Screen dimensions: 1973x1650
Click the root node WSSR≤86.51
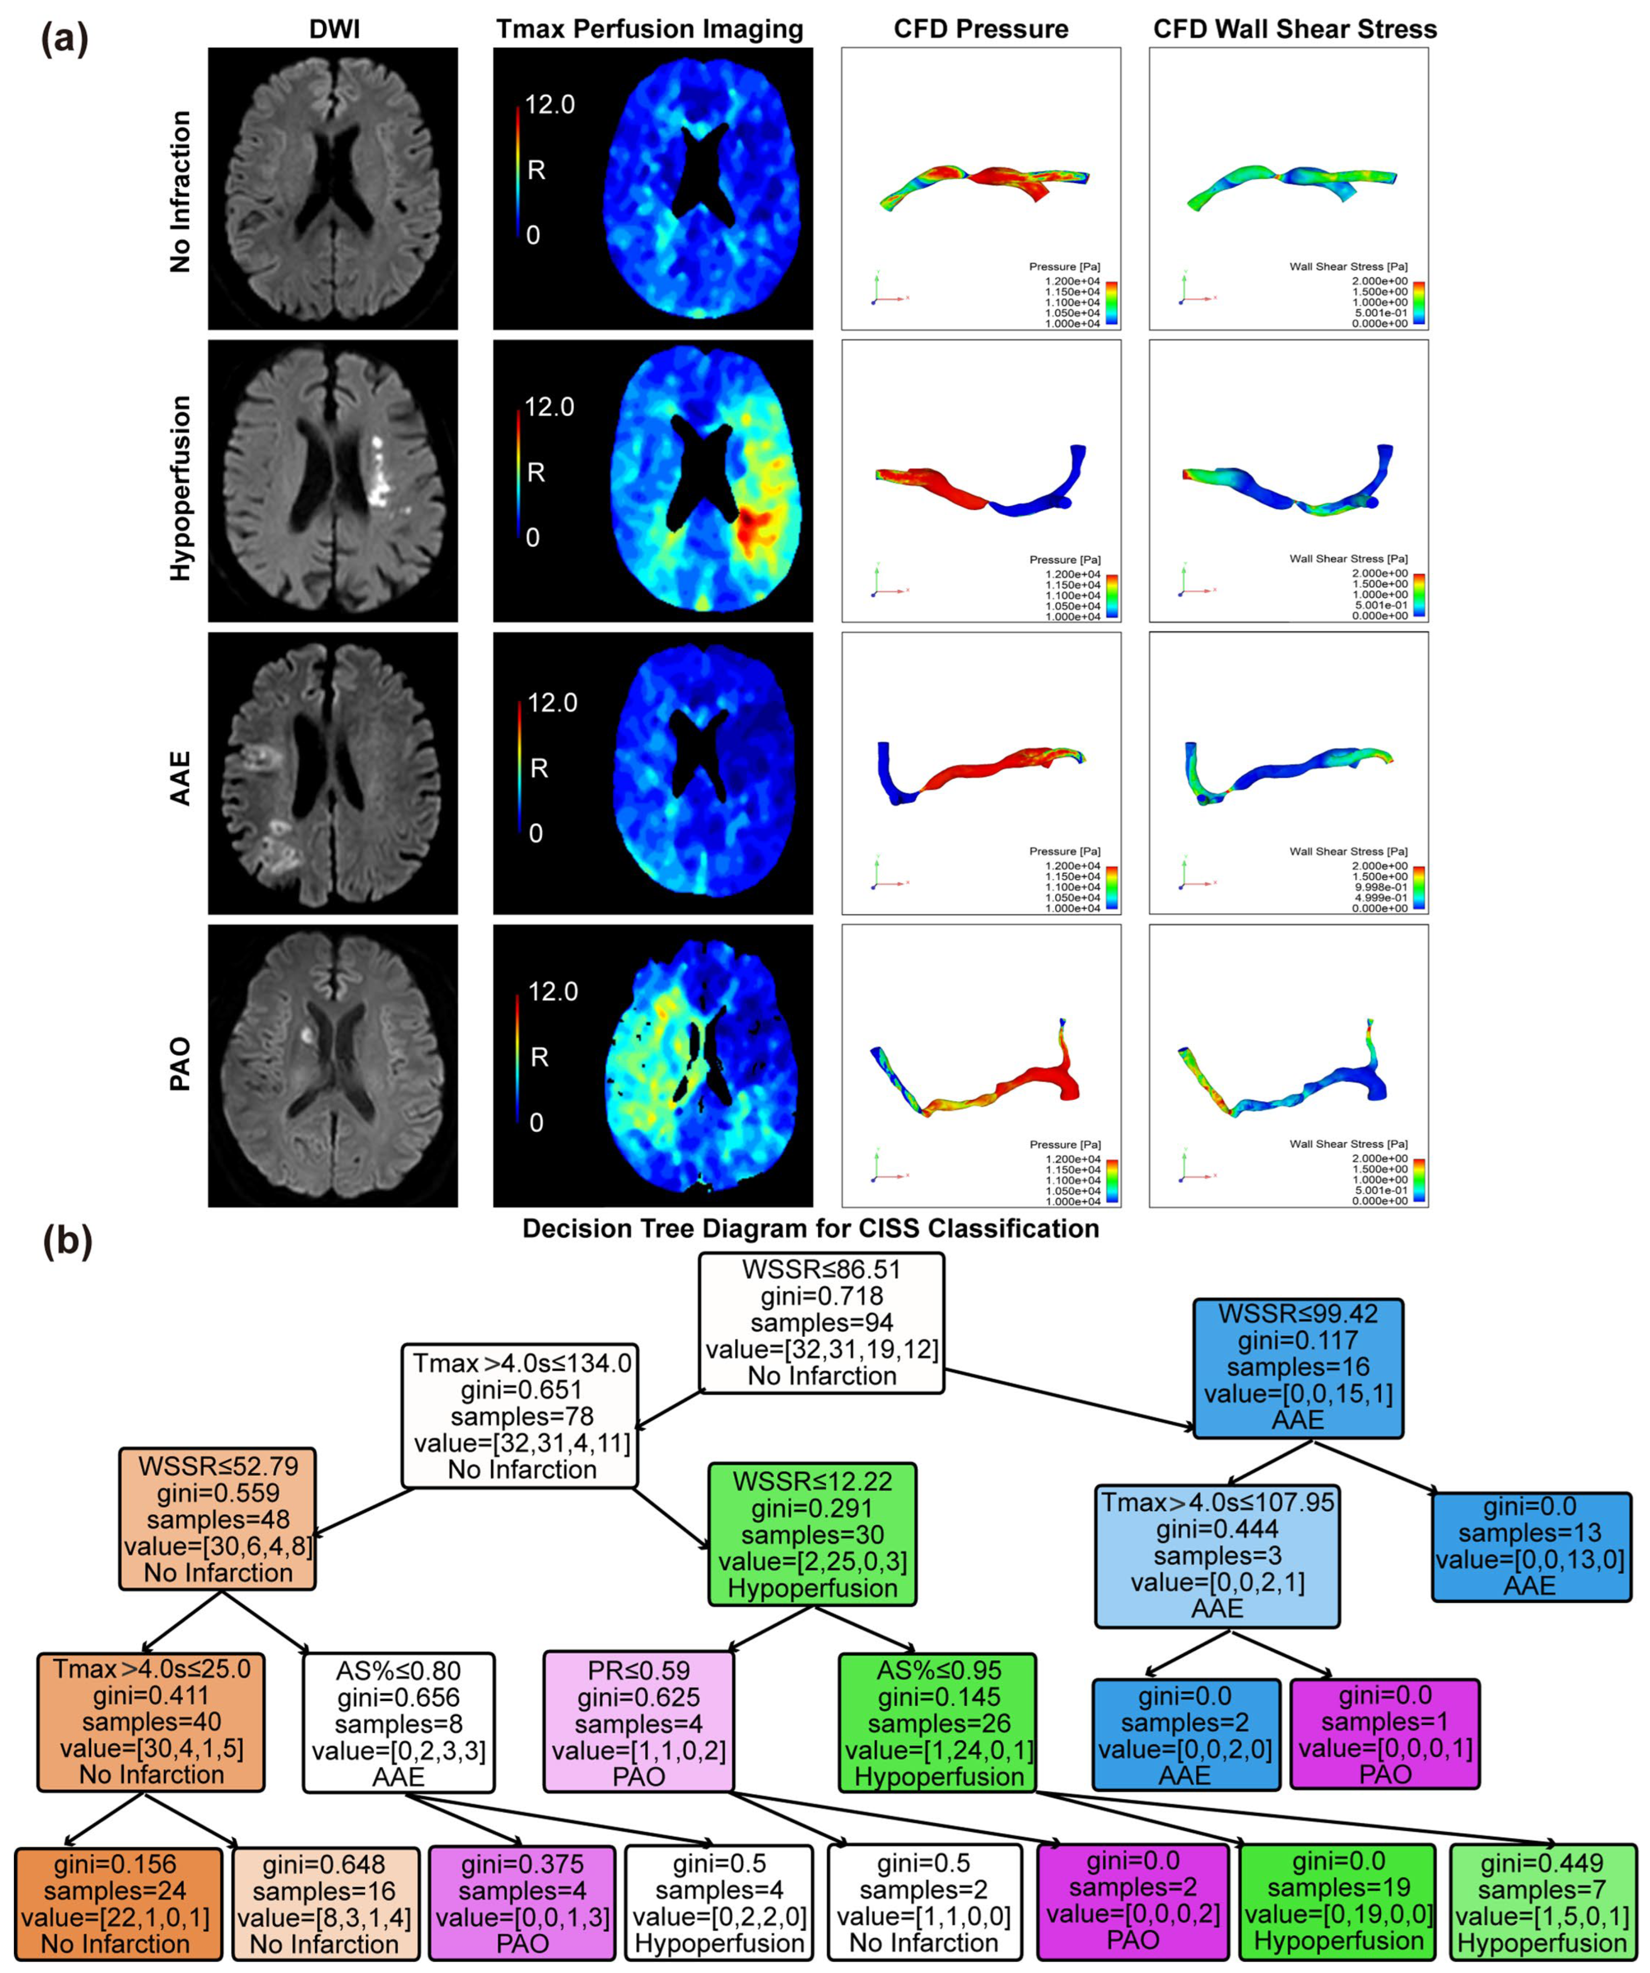pos(821,1322)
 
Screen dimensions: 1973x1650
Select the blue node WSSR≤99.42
pos(1298,1367)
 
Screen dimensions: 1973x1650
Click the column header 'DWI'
pos(335,29)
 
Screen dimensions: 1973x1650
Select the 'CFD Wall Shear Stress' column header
pos(1295,29)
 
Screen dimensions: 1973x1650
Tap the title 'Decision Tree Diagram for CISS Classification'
pos(810,1229)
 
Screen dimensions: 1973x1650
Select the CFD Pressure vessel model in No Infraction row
pos(982,183)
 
